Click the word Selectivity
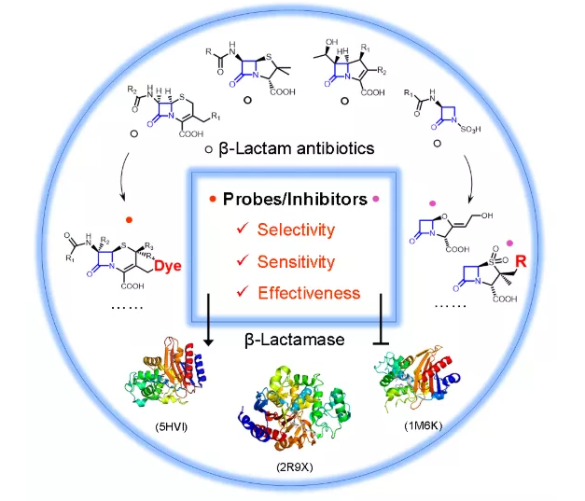(x=296, y=230)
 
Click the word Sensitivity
(x=297, y=261)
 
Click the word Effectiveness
(x=308, y=293)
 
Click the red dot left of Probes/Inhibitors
(x=214, y=200)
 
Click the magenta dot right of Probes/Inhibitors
(x=376, y=200)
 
